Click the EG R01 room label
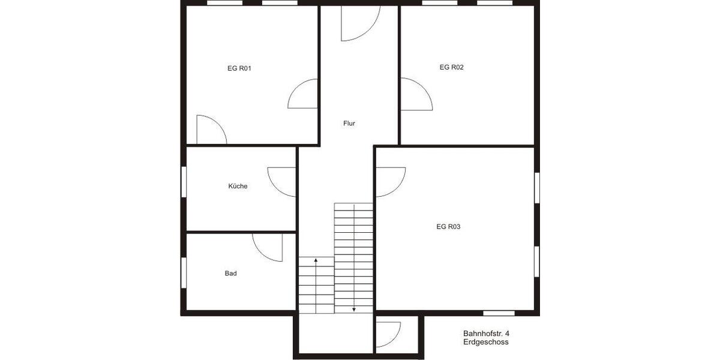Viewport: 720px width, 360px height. tap(239, 68)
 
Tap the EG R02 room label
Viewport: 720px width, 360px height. tap(451, 67)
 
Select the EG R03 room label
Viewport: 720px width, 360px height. tap(448, 227)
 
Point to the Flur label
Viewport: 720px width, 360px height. tap(349, 124)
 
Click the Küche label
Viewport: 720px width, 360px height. tap(238, 186)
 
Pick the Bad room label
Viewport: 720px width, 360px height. tap(231, 273)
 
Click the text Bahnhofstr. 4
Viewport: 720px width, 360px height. tap(486, 334)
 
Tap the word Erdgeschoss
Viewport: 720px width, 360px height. tap(486, 342)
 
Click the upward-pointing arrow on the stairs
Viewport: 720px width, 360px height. tap(316, 260)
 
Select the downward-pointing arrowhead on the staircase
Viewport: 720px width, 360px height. tap(354, 309)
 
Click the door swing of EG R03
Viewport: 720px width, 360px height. tap(390, 181)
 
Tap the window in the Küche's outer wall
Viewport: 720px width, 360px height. tap(184, 183)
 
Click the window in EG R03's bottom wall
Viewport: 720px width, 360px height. tap(499, 313)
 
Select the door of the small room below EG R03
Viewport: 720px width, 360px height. tap(388, 334)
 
